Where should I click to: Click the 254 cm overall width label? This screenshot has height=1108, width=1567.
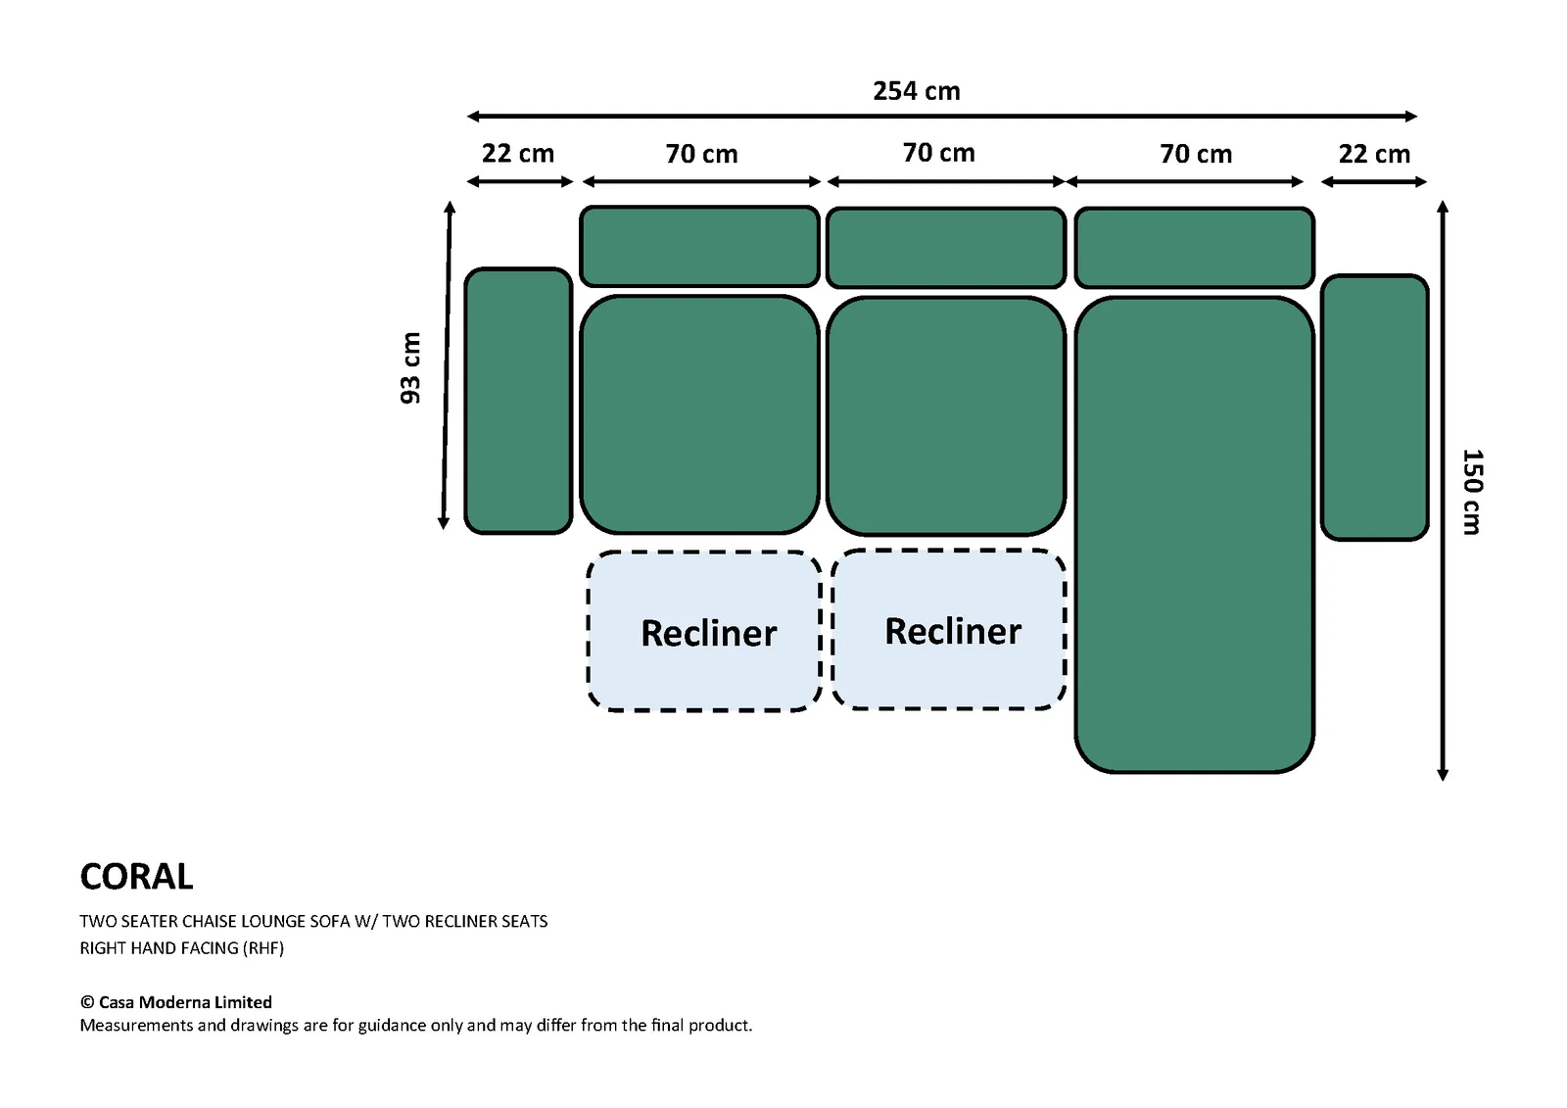(917, 91)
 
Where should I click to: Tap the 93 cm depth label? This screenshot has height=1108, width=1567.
(410, 368)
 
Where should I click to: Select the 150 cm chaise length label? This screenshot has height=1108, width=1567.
(1472, 492)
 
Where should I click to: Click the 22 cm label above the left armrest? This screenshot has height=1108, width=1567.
(518, 153)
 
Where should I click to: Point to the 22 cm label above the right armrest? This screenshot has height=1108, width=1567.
(1375, 154)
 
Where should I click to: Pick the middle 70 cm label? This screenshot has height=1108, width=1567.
(939, 153)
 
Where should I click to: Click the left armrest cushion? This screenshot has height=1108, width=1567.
(518, 401)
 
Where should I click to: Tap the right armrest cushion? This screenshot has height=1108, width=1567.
(1375, 408)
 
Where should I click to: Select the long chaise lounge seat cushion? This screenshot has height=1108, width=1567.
(1194, 535)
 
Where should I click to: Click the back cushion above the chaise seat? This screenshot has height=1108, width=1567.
(1194, 248)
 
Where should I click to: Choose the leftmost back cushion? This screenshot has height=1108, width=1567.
(699, 246)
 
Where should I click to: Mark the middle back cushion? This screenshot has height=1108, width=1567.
(946, 248)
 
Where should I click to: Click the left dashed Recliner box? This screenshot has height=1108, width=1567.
(704, 631)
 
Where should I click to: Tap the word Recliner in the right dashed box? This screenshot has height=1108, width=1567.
(953, 631)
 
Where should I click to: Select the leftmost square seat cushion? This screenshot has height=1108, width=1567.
(699, 414)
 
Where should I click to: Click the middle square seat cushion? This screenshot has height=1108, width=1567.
(946, 415)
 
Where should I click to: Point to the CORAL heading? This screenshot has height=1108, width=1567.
(136, 877)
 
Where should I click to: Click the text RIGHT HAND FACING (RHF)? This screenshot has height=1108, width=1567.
(182, 948)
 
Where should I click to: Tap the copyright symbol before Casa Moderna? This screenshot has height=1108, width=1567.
(87, 1002)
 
